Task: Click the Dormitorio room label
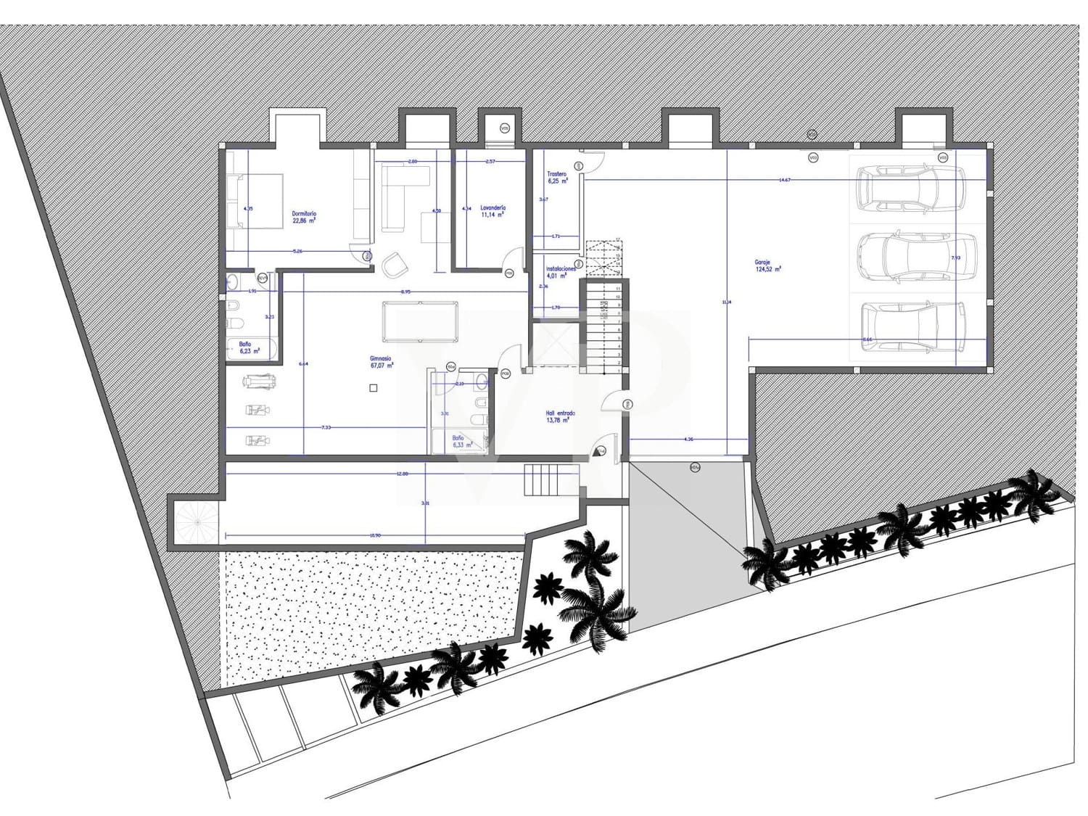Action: (304, 217)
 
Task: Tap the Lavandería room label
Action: (493, 211)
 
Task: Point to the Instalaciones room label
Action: (561, 271)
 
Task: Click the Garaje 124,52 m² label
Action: (767, 265)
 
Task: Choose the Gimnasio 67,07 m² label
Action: (381, 361)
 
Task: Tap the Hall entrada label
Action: (560, 416)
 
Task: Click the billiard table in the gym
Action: (420, 321)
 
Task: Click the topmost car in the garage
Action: (910, 189)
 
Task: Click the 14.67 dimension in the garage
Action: (784, 179)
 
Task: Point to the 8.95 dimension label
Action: (405, 291)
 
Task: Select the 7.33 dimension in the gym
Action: (326, 427)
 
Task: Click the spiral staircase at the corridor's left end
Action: (194, 521)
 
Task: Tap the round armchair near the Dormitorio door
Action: (394, 265)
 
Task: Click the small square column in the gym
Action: (374, 388)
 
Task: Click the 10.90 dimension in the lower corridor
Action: (374, 535)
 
